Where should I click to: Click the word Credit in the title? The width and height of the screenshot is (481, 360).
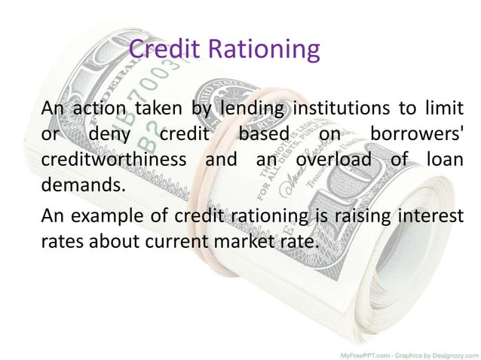155,50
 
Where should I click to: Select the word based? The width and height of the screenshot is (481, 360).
264,136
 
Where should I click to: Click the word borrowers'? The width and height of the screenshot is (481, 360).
415,136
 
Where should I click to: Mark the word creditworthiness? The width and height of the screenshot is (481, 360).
113,161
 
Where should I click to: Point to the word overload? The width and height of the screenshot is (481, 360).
333,161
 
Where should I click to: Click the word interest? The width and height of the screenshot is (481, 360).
429,217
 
